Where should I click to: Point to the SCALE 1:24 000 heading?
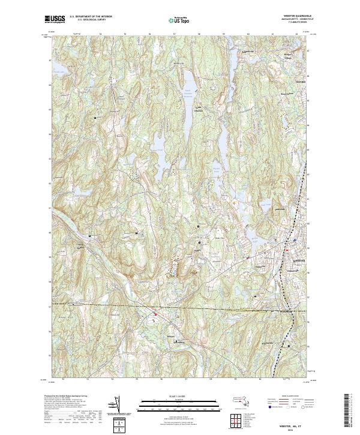tap(179, 395)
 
